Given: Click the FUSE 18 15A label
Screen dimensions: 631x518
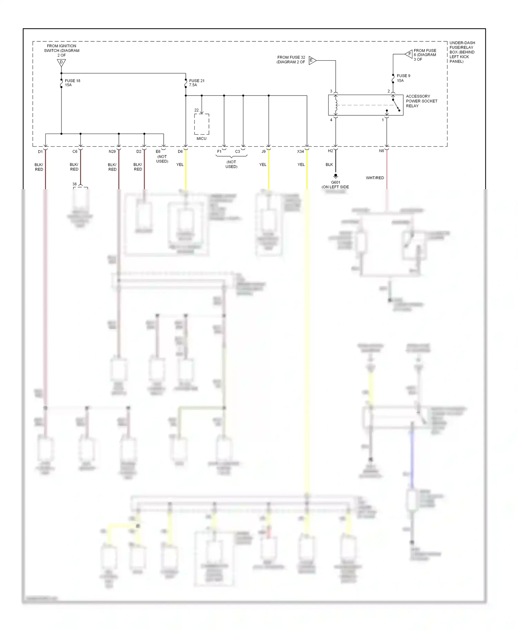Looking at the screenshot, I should click(x=72, y=83).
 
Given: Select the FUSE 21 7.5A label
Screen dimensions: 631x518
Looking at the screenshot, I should click(x=196, y=83).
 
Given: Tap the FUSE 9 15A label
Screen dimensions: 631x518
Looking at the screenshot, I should click(x=403, y=78).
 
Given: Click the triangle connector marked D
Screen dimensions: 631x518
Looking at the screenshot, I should click(x=61, y=62).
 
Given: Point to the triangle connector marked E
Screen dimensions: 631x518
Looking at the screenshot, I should click(x=312, y=60).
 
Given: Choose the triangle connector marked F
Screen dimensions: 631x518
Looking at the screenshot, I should click(x=409, y=54).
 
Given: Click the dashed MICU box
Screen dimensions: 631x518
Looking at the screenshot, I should click(x=202, y=124).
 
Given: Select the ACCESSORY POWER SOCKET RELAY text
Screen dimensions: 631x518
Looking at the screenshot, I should click(x=421, y=101).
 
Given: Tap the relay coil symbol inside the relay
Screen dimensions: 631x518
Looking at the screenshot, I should click(x=336, y=105).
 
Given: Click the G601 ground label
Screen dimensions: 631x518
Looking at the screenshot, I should click(x=335, y=183).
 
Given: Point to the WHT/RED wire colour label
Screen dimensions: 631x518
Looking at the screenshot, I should click(x=375, y=178).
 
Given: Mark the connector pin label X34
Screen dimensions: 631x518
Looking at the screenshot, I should click(x=300, y=152).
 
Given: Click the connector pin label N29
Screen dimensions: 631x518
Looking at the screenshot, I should click(x=112, y=152).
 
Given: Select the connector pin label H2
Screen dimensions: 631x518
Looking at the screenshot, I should click(x=330, y=151).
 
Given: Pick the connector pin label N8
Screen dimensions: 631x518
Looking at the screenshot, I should click(x=381, y=151).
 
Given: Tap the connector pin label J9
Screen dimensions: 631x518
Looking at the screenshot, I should click(x=263, y=152).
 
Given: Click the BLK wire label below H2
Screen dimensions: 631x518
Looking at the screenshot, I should click(x=329, y=165).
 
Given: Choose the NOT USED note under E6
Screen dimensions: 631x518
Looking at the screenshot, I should click(x=162, y=159).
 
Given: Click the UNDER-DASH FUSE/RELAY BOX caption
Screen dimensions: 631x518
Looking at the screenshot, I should click(x=462, y=52).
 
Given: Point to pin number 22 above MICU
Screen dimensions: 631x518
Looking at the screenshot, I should click(x=196, y=110).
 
